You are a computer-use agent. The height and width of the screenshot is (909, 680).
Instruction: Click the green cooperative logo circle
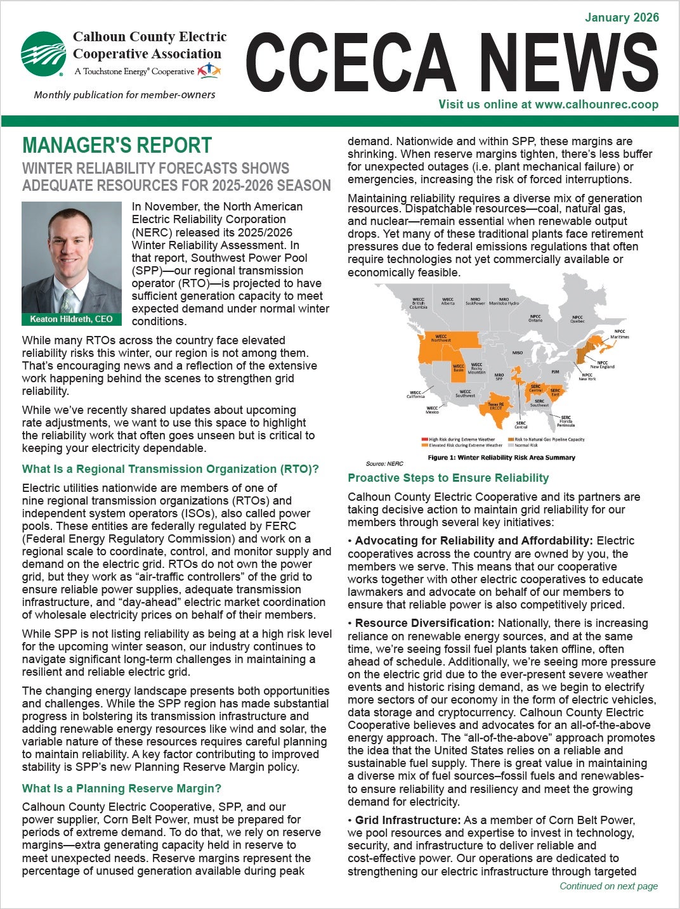click(x=43, y=53)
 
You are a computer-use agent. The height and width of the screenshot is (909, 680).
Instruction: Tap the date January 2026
click(x=622, y=18)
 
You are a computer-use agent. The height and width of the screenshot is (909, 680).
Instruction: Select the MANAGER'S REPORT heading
click(x=117, y=145)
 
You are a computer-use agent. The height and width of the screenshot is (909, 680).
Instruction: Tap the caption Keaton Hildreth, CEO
click(x=71, y=319)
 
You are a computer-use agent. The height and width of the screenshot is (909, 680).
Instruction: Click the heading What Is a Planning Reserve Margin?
click(x=121, y=789)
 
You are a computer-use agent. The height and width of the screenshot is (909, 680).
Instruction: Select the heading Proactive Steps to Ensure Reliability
click(x=448, y=478)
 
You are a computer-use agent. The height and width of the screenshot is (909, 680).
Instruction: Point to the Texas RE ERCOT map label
click(x=495, y=406)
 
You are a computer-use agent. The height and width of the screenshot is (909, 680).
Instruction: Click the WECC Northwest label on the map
click(x=441, y=338)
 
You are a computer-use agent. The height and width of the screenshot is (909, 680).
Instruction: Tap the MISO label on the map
click(x=518, y=352)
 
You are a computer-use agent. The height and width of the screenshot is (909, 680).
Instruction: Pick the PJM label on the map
click(x=555, y=371)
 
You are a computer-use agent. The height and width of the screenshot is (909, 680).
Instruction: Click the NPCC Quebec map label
click(x=577, y=319)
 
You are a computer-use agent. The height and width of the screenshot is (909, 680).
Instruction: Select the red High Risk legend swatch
click(x=424, y=439)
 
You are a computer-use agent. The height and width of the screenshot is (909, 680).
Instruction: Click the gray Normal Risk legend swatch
click(x=511, y=445)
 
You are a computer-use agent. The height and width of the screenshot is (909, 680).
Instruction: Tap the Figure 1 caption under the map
click(x=501, y=457)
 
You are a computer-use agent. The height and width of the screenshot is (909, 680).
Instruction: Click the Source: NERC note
click(x=384, y=464)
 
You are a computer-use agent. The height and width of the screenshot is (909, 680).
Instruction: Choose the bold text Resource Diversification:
click(x=424, y=624)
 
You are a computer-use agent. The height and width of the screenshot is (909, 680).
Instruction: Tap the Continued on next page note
click(x=608, y=886)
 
